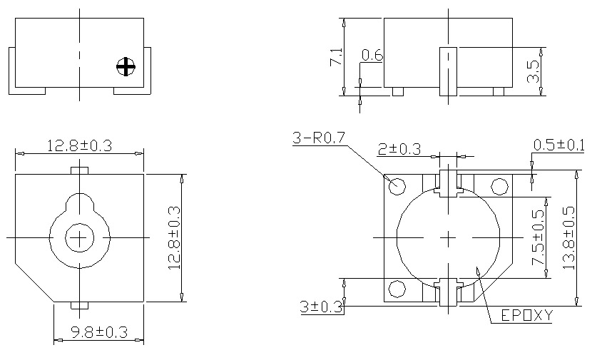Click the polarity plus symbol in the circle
pyautogui.click(x=126, y=67)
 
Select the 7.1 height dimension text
pyautogui.click(x=335, y=58)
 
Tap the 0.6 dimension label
pyautogui.click(x=372, y=55)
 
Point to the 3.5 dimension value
pyautogui.click(x=532, y=71)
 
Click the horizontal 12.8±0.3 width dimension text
pyautogui.click(x=79, y=145)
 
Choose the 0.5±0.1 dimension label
pyautogui.click(x=558, y=145)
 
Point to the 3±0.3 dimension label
pyautogui.click(x=322, y=307)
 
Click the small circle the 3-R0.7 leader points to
pyautogui.click(x=397, y=186)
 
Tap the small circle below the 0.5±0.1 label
pyautogui.click(x=500, y=187)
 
